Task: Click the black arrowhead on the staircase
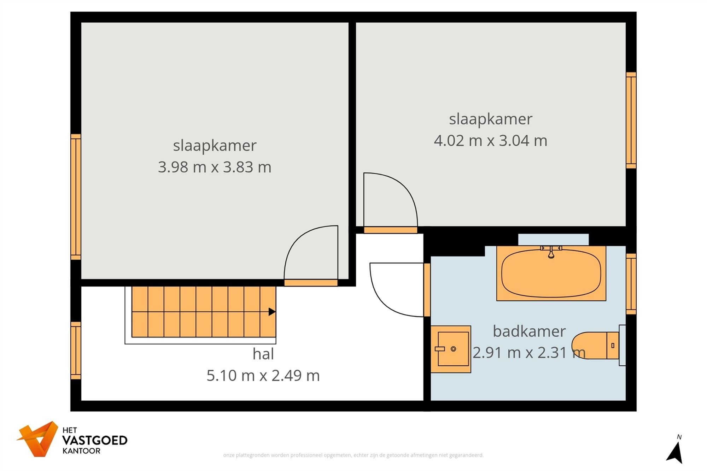tap(271, 312)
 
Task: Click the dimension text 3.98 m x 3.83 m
tap(215, 167)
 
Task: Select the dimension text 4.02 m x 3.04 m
tap(490, 141)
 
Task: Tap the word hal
tap(263, 354)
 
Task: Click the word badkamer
tap(529, 331)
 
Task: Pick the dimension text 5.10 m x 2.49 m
tap(263, 376)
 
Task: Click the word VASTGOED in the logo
tap(94, 440)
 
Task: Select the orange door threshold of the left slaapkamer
tap(311, 283)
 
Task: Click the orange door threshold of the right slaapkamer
tap(390, 230)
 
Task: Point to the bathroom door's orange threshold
tap(427, 290)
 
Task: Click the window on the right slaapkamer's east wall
tap(631, 120)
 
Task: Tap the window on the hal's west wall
tap(76, 350)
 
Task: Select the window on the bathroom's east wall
tap(631, 284)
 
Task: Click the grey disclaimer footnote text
tap(353, 455)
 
